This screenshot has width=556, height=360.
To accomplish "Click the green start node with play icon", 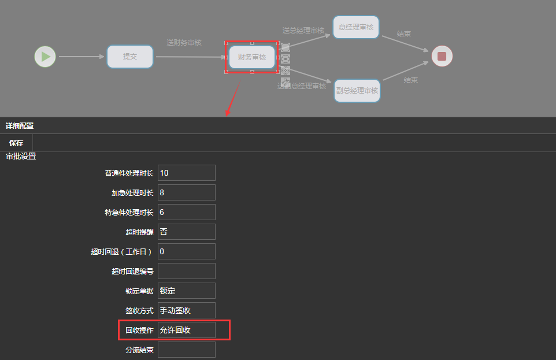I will click(45, 57).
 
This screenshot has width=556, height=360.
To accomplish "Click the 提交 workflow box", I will click(130, 57).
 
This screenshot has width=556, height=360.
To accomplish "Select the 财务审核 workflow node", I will click(252, 57).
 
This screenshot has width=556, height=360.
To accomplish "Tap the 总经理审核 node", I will click(356, 27).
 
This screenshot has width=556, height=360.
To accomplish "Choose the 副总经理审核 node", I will click(357, 91).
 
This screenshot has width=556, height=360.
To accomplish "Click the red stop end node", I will click(442, 56).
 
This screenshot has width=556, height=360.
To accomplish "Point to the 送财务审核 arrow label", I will click(184, 43).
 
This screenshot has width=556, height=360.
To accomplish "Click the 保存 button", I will click(16, 143).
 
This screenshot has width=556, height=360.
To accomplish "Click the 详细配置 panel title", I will click(20, 125).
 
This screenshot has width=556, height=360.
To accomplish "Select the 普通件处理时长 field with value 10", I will click(186, 173).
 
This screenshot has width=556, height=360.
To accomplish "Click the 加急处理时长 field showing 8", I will click(186, 192).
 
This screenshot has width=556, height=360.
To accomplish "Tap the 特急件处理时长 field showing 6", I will click(186, 212).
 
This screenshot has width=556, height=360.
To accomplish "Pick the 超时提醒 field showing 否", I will click(186, 232).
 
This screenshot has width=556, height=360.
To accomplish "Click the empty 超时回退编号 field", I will click(186, 271).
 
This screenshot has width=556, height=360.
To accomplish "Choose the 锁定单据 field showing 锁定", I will click(186, 291).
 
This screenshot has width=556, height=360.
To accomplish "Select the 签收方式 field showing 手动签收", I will click(186, 310).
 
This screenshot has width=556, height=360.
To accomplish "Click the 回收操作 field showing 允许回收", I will click(186, 330).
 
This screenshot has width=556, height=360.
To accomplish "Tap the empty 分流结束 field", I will click(186, 350).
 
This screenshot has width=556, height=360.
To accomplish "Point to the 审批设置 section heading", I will click(21, 156).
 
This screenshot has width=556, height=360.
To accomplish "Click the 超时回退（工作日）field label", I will click(121, 251).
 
